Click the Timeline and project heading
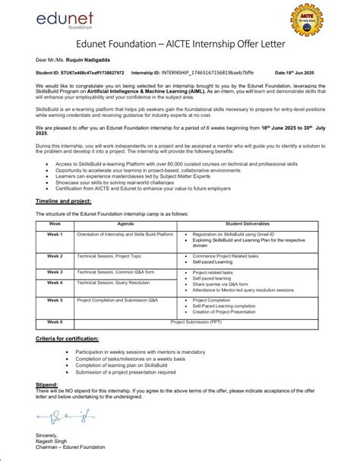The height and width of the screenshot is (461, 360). [x=64, y=201]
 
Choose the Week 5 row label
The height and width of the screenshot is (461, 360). [x=55, y=300]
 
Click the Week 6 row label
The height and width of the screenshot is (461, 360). [x=55, y=321]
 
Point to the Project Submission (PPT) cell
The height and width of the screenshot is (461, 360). [x=197, y=321]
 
